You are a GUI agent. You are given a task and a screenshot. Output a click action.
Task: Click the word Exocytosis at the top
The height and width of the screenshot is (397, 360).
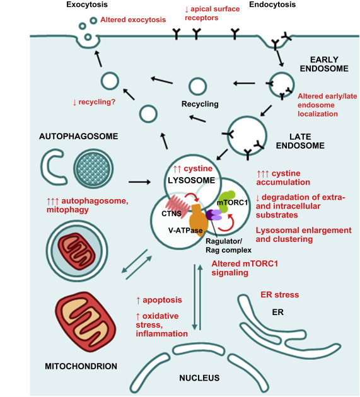pos(87,4)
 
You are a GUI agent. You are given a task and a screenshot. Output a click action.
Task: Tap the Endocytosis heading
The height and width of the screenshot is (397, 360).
pos(272,4)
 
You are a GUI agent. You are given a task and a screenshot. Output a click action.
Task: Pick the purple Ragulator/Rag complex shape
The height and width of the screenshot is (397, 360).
pos(214,215)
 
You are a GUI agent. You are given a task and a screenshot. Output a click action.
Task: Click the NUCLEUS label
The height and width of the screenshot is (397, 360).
pos(199,378)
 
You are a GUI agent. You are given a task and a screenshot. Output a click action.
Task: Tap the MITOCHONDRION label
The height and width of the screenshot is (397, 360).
pos(81,366)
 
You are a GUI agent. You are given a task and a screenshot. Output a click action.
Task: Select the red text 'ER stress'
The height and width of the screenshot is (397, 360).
pos(280,295)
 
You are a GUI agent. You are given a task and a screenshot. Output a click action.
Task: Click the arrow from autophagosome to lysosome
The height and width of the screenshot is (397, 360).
pos(139,181)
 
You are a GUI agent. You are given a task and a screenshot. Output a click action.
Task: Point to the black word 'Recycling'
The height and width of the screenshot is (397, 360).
pos(200,104)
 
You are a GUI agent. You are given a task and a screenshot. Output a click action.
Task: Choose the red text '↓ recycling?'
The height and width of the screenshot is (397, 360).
pos(94,102)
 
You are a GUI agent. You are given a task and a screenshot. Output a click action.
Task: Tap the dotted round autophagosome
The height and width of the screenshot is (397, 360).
pos(93,168)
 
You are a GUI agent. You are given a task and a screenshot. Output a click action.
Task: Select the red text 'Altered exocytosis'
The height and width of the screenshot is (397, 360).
pos(133,20)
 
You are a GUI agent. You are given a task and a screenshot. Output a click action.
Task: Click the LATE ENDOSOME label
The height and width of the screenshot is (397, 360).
pos(300,141)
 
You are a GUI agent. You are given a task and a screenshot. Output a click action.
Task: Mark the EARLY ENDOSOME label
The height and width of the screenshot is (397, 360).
pos(324,64)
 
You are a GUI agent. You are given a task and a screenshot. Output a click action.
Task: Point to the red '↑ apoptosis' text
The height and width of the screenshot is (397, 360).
pos(159,300)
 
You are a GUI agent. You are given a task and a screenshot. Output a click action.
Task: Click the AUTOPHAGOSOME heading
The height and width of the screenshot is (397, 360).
pos(79,136)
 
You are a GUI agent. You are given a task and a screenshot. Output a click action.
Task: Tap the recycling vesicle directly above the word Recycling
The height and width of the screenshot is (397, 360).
pos(198,86)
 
